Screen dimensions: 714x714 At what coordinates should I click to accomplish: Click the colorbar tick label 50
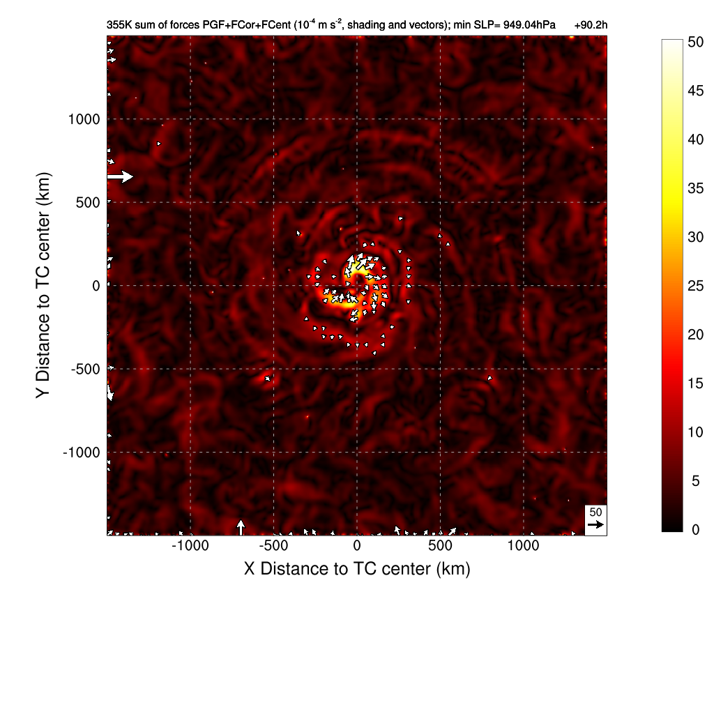coord(696,42)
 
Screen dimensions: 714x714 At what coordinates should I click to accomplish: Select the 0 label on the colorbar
coord(692,530)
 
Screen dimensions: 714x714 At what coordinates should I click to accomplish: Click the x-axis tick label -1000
coord(190,546)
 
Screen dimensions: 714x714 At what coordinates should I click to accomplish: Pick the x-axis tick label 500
coord(440,546)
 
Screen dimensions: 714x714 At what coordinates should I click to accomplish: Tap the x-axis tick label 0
coord(357,546)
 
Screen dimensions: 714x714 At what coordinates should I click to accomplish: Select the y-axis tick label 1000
coord(84,119)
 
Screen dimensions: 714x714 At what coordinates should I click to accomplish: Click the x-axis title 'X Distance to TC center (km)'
coord(357,569)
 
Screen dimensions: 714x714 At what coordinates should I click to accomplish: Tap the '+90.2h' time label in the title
coord(591,25)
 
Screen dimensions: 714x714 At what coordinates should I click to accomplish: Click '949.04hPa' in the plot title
coord(526,25)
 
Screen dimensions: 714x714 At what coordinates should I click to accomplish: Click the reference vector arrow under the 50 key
coord(595,524)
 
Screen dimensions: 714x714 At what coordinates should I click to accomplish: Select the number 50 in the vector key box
coord(595,512)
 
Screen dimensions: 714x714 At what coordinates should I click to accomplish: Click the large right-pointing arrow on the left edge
coord(120,176)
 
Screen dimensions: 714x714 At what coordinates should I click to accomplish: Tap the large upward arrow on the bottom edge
coord(241,526)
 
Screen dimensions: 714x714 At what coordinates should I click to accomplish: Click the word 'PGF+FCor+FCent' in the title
coord(227,25)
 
